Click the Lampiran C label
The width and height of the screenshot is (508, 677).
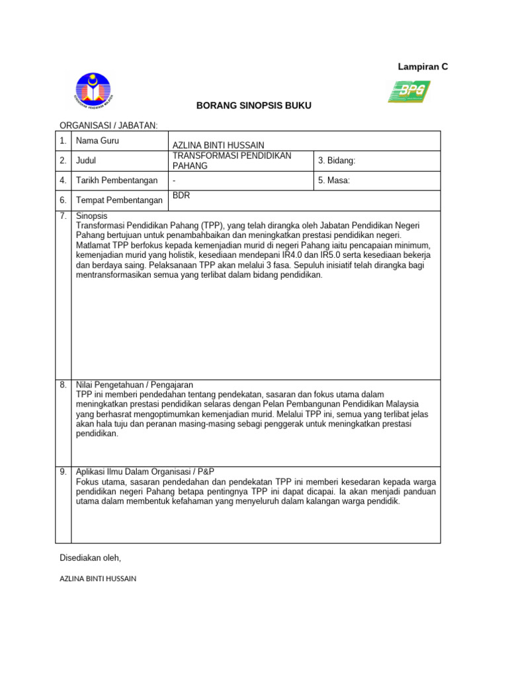(x=423, y=67)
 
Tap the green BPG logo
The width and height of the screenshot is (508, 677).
(x=409, y=91)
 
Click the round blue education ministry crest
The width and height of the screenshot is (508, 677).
(x=94, y=92)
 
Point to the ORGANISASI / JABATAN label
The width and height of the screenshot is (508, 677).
(x=109, y=125)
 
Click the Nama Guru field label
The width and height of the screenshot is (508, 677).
(x=97, y=141)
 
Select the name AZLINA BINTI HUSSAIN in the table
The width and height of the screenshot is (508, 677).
(x=218, y=145)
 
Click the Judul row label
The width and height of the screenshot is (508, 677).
(x=86, y=161)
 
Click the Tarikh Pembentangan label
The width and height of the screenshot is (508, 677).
(x=117, y=180)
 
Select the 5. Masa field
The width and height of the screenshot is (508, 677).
(x=334, y=180)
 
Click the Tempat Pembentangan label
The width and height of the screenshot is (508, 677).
(x=119, y=200)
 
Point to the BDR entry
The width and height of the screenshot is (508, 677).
(x=181, y=196)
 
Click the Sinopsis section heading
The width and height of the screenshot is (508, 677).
(x=91, y=216)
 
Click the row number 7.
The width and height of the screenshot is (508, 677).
(x=63, y=216)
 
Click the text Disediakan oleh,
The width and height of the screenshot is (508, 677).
(x=91, y=558)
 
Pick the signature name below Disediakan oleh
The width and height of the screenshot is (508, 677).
(x=98, y=578)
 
